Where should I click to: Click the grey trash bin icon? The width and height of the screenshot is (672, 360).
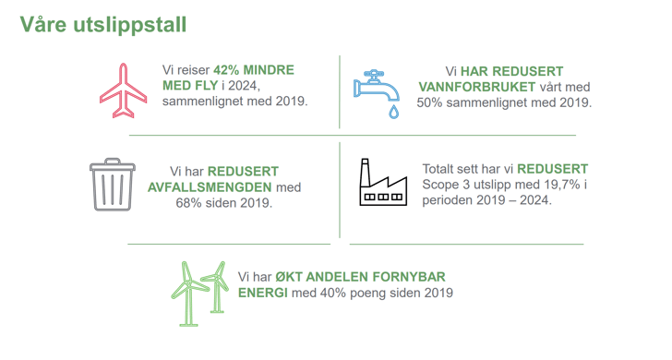(x=112, y=185)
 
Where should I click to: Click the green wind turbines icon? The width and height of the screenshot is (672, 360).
(x=198, y=292)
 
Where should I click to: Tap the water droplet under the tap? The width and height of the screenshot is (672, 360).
(x=394, y=112)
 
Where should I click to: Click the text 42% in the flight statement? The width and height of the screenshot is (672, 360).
(x=228, y=69)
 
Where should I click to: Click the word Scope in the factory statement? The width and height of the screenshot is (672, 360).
(x=442, y=184)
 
